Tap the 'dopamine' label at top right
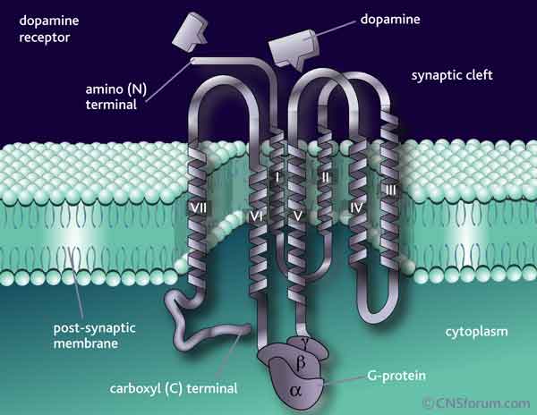(x=392, y=17)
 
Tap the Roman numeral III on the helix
(x=391, y=189)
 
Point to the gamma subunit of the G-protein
(x=305, y=341)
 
